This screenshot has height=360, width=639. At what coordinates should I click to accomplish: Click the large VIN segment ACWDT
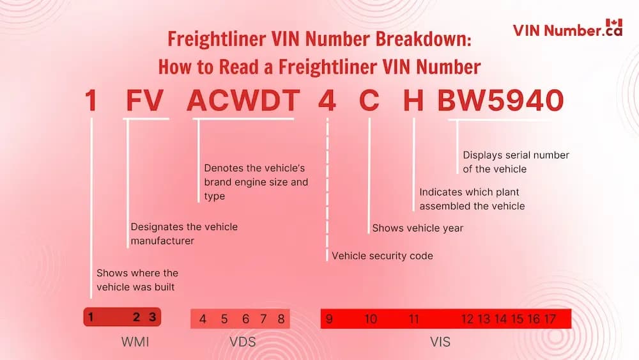(243, 100)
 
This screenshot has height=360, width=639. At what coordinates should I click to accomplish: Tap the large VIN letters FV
(145, 100)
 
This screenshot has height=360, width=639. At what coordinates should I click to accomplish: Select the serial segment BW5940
(500, 100)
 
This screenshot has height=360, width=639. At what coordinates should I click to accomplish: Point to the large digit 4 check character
(327, 100)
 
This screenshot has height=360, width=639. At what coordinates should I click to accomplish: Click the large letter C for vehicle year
(369, 100)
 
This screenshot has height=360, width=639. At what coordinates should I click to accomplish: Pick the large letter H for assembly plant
(413, 100)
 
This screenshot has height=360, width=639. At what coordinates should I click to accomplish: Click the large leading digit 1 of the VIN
(91, 100)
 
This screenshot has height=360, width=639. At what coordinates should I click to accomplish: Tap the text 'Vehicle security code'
(382, 256)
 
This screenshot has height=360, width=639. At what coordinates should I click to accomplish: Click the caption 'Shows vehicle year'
(417, 228)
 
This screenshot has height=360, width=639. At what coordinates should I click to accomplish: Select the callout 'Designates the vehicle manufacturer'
(184, 233)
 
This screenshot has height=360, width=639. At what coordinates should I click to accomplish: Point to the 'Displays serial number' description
(516, 162)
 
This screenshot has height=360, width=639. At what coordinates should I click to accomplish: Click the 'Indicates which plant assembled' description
(472, 199)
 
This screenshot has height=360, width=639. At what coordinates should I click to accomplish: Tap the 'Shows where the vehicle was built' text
(137, 280)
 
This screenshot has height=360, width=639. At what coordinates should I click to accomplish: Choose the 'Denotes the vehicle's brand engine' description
(256, 182)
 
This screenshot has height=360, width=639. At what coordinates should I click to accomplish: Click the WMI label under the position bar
(135, 342)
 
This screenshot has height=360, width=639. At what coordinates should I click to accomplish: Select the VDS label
(242, 342)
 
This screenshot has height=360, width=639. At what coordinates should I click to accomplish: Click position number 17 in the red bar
(550, 319)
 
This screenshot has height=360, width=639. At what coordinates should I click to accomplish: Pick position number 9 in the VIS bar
(329, 319)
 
